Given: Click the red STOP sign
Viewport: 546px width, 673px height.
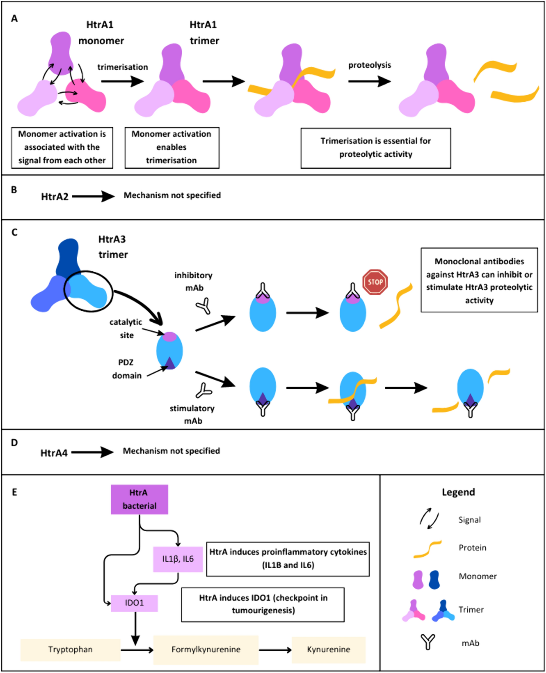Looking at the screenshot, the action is pos(375,282).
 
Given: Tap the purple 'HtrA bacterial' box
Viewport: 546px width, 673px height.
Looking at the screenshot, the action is pos(139,499).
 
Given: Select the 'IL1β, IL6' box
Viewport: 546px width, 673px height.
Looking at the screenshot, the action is pos(178,559).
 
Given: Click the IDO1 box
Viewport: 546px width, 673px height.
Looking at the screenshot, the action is pos(134,603).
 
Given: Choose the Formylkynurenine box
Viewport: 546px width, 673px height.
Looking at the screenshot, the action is pos(206,650).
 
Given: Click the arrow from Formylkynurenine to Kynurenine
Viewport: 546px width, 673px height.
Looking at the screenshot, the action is pos(275,650).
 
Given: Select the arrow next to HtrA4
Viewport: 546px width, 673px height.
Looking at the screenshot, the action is pos(92,453).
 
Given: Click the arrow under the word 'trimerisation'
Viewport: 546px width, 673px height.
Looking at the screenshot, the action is pos(123,81).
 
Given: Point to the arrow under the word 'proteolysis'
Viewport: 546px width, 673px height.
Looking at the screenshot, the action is pos(370,81).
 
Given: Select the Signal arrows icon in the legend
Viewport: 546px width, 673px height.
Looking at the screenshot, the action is pos(429,518).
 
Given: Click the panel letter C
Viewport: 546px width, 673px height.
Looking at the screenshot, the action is pos(14,233).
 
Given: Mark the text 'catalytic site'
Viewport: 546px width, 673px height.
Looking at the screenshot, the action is pos(126,329).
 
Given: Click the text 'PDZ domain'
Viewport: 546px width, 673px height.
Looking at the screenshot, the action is pos(126,369).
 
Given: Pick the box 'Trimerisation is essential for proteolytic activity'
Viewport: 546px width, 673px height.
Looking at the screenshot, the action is pos(375,148).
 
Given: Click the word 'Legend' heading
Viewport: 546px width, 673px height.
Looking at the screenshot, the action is pos(458,492).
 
